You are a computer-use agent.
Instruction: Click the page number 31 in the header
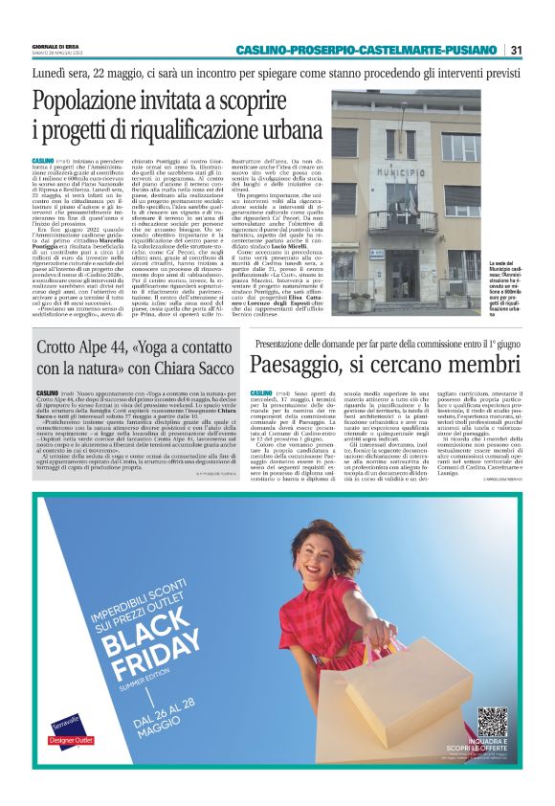(516, 50)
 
